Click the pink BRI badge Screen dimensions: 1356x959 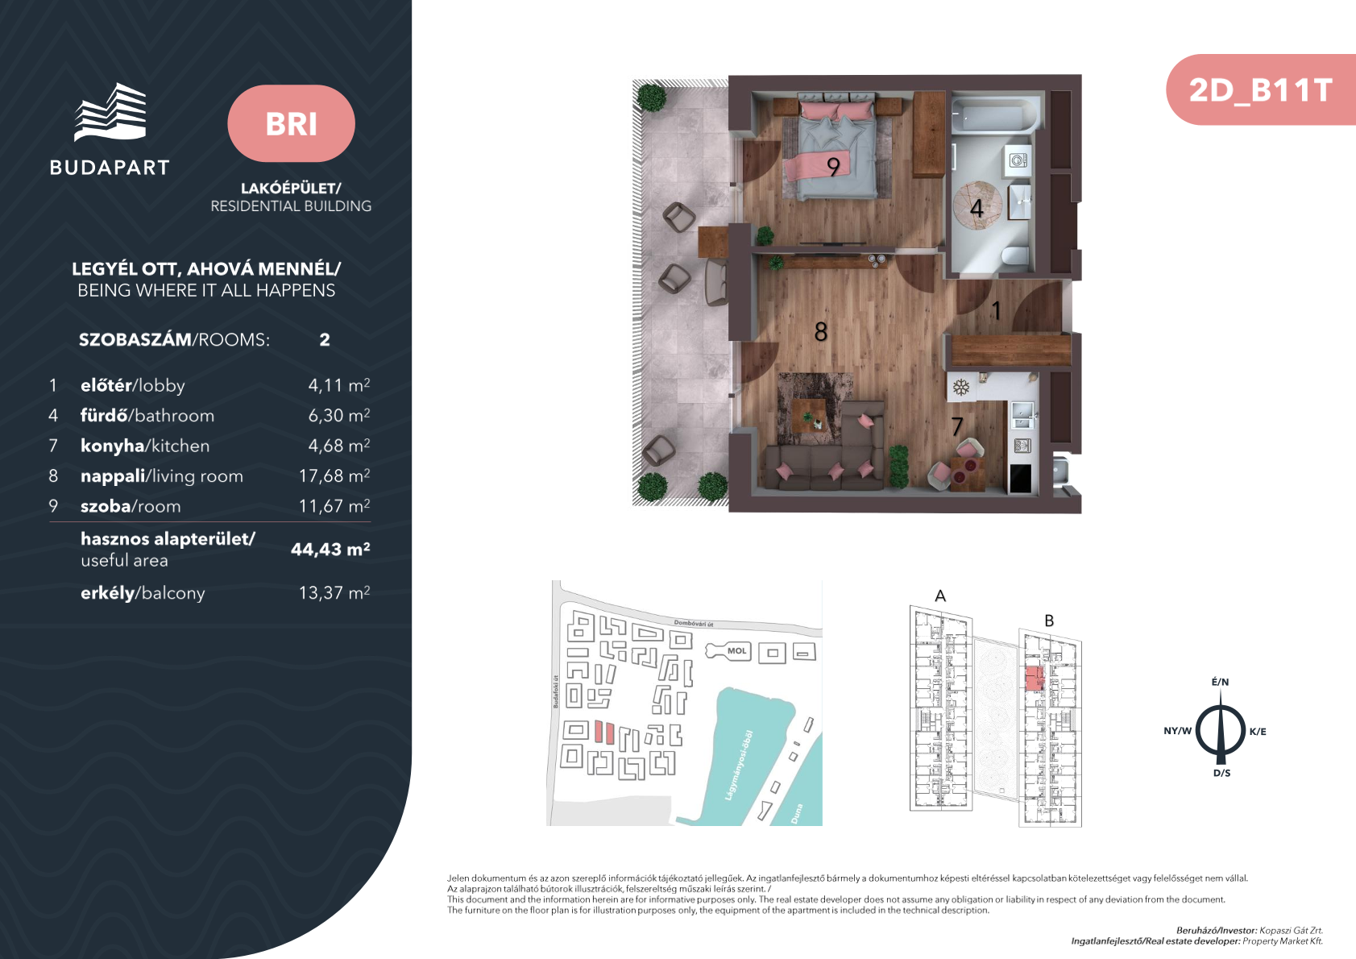click(x=291, y=123)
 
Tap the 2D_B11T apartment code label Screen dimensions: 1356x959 click(x=1260, y=90)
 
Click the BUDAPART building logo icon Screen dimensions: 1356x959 click(x=110, y=112)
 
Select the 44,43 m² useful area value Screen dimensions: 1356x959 click(x=330, y=549)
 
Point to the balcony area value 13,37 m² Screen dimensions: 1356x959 click(x=334, y=592)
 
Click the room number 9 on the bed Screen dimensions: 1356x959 click(x=833, y=167)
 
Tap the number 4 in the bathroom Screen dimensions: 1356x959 click(x=977, y=208)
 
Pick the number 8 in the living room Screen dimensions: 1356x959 click(x=821, y=332)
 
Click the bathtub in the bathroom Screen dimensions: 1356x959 click(x=993, y=115)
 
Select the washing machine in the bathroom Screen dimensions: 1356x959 click(x=1018, y=160)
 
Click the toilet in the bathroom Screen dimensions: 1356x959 click(x=1015, y=255)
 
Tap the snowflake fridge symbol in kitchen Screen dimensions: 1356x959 click(x=960, y=387)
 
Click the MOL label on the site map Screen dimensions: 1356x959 click(x=736, y=651)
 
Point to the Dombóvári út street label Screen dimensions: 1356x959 click(x=693, y=624)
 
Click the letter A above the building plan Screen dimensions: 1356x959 click(x=940, y=596)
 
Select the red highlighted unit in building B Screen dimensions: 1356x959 click(x=1035, y=679)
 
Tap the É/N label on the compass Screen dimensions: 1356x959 click(x=1220, y=682)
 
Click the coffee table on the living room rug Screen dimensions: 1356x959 click(x=809, y=416)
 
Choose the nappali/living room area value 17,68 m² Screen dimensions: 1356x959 click(x=334, y=475)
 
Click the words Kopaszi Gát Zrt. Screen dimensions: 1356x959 click(x=1292, y=931)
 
